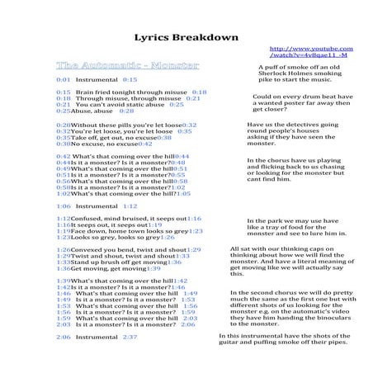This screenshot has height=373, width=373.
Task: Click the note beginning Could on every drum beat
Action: (303, 102)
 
